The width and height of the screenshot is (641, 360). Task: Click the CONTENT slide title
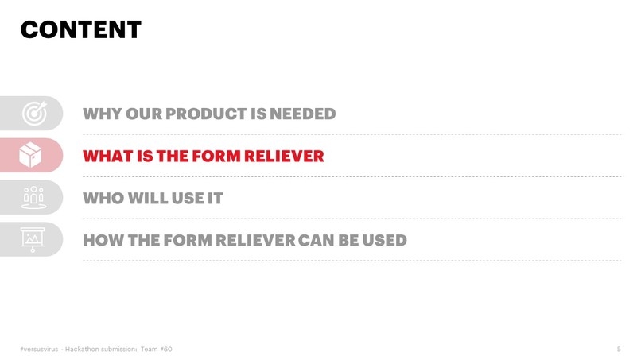click(80, 30)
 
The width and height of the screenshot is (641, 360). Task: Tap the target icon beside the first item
click(33, 114)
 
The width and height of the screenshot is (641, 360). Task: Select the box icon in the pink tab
click(31, 155)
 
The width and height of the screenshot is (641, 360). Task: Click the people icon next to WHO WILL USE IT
click(33, 197)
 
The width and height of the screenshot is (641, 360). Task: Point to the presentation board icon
click(33, 238)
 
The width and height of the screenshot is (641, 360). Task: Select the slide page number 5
click(618, 349)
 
